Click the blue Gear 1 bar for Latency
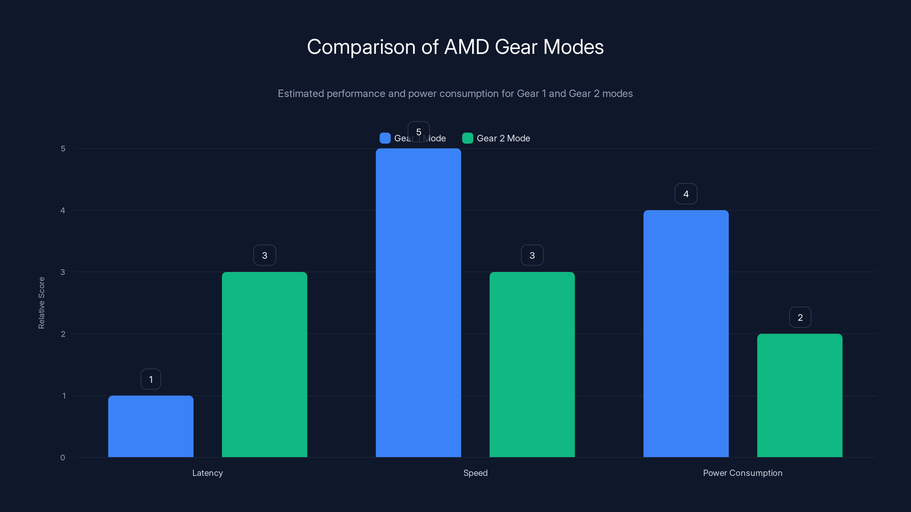click(x=151, y=426)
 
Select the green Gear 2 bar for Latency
click(x=264, y=364)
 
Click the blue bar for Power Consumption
click(x=686, y=334)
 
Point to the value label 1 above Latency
click(x=151, y=379)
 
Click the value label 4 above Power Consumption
click(x=686, y=194)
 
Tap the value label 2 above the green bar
click(x=800, y=317)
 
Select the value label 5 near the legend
click(x=419, y=132)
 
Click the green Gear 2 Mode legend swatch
click(x=467, y=138)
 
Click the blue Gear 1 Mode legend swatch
click(x=385, y=138)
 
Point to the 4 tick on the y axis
click(x=63, y=210)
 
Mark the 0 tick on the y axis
click(x=63, y=458)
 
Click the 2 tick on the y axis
click(x=63, y=334)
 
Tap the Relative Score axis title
click(x=41, y=303)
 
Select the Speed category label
click(x=475, y=473)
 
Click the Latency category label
click(x=208, y=473)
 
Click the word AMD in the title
click(x=467, y=47)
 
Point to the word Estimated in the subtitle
click(x=301, y=94)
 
